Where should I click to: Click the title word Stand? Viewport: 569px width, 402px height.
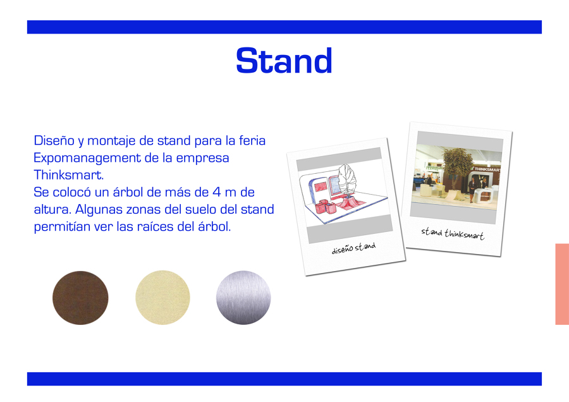click(x=284, y=61)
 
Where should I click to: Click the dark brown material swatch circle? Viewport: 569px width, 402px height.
click(x=80, y=298)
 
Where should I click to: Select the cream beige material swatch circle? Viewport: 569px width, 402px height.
click(x=162, y=298)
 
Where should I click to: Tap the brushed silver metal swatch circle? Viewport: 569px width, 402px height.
click(x=243, y=298)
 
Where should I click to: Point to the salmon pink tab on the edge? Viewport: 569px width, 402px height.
click(x=562, y=284)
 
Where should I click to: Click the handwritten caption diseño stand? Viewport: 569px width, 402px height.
click(x=354, y=248)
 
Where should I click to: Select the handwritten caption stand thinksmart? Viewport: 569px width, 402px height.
click(x=453, y=234)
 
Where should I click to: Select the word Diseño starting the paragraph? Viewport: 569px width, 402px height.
click(x=54, y=141)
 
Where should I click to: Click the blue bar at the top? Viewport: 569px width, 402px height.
click(x=284, y=27)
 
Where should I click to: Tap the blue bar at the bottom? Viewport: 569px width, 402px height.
click(x=284, y=379)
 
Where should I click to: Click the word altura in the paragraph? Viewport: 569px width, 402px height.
click(x=52, y=209)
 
